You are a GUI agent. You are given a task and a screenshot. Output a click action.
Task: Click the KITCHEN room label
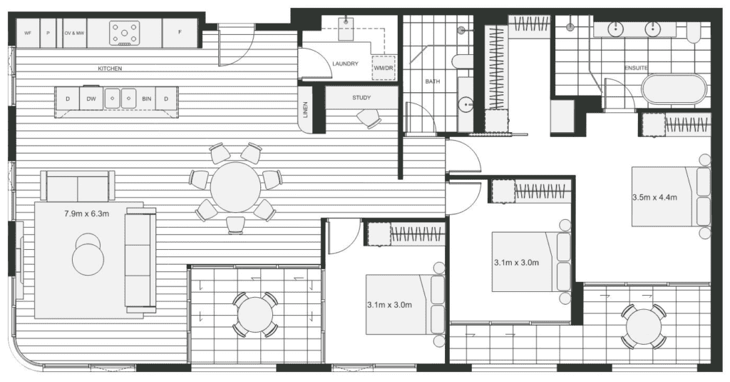click(x=110, y=69)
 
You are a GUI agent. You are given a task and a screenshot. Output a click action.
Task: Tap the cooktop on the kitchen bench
click(x=125, y=33)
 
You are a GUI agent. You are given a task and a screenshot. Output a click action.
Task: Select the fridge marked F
click(x=180, y=33)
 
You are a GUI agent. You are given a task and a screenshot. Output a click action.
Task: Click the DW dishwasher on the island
click(x=92, y=99)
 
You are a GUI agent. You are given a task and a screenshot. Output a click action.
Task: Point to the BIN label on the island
click(x=147, y=99)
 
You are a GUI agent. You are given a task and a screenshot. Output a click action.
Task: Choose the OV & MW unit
click(x=74, y=33)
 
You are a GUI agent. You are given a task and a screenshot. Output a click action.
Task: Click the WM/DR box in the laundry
click(x=384, y=68)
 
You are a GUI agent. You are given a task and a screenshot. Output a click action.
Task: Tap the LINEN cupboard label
click(x=305, y=110)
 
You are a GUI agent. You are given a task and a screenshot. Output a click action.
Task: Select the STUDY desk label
click(x=361, y=98)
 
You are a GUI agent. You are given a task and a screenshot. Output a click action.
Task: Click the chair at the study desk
click(x=369, y=119)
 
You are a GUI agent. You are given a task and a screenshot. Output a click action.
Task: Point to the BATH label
click(x=432, y=81)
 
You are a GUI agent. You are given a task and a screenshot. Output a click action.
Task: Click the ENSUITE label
click(x=636, y=68)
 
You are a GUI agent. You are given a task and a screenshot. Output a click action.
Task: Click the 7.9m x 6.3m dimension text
click(x=86, y=214)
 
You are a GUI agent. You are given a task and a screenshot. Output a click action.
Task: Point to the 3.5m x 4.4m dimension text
click(x=654, y=197)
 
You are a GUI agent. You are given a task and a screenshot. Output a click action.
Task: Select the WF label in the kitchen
click(x=28, y=33)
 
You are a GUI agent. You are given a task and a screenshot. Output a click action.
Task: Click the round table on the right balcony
click(x=644, y=326)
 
